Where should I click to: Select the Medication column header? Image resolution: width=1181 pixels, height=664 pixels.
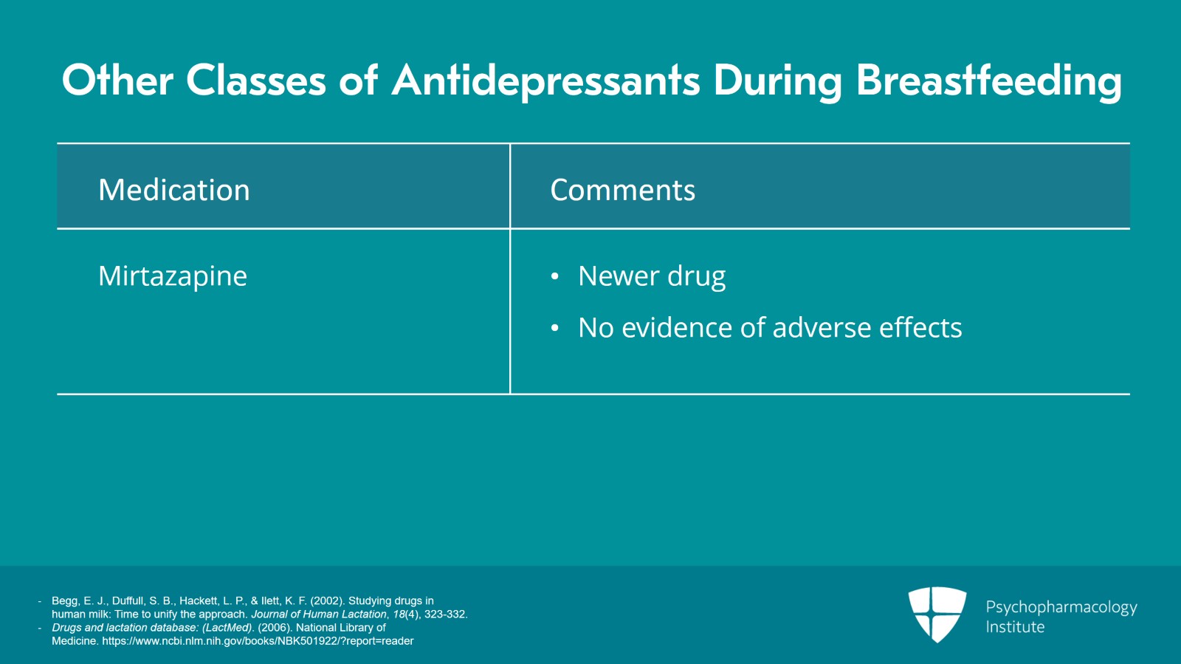click(174, 189)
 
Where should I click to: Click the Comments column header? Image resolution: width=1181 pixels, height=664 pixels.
click(623, 190)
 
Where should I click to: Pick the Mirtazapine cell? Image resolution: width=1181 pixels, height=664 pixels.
click(173, 276)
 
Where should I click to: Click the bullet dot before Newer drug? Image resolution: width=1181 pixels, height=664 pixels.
click(554, 276)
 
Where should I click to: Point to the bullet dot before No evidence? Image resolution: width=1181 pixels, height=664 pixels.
click(554, 328)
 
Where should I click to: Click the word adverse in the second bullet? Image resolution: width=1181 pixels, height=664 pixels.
click(822, 327)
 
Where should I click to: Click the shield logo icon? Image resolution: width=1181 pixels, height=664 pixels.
click(937, 615)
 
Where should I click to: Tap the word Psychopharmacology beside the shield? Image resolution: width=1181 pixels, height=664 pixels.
click(1061, 608)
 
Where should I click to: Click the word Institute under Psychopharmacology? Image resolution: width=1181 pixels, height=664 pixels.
click(1015, 626)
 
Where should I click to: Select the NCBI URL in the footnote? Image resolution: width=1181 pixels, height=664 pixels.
click(258, 641)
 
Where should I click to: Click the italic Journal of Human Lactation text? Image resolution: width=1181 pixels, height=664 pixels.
click(318, 614)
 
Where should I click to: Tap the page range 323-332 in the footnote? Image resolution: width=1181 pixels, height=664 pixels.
click(446, 614)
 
